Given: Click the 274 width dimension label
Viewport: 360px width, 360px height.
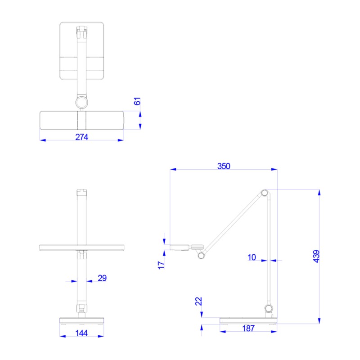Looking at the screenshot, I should [81, 137].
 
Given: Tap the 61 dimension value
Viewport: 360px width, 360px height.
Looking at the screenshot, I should [138, 101].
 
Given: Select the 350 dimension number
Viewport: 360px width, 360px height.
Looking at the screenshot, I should [224, 166].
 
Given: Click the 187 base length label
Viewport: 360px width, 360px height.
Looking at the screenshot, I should [248, 328].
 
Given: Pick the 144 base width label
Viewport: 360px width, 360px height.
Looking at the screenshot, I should [81, 333].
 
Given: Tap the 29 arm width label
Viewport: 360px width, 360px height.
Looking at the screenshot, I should [102, 278].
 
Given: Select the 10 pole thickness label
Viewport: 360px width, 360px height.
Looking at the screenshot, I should [252, 257].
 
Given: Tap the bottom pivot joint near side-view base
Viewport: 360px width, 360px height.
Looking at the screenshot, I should [269, 308].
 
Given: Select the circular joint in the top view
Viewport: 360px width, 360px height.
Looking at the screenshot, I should [81, 103].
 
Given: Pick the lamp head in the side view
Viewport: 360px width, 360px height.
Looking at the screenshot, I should [180, 247].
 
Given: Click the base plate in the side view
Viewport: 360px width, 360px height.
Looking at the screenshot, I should [248, 320].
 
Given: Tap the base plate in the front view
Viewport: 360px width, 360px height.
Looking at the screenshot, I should [81, 320].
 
